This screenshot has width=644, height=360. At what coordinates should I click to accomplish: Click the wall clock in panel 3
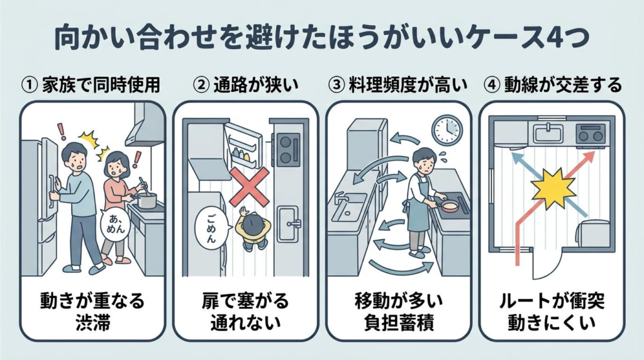(447, 130)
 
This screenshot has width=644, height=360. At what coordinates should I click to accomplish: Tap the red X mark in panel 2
(250, 187)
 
